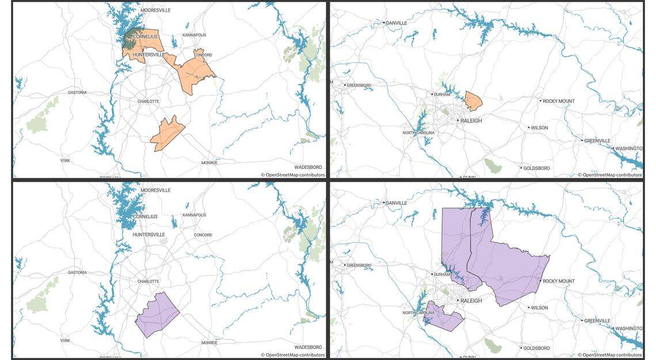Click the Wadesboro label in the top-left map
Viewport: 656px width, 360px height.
(x=308, y=167)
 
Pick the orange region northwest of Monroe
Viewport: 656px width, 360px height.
(x=167, y=133)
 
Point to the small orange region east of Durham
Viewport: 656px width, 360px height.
(x=474, y=101)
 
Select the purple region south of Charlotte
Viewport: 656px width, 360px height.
(x=157, y=315)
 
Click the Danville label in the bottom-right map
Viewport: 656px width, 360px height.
(x=396, y=203)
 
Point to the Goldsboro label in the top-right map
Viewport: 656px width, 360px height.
(x=535, y=168)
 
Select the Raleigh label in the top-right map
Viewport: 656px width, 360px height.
(x=471, y=121)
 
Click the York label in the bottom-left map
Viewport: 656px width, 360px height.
(x=65, y=340)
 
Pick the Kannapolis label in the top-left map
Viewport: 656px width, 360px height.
(x=194, y=35)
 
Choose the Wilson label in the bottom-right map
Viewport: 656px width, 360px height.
(x=539, y=308)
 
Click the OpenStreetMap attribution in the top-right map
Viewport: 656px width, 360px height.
(x=612, y=175)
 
